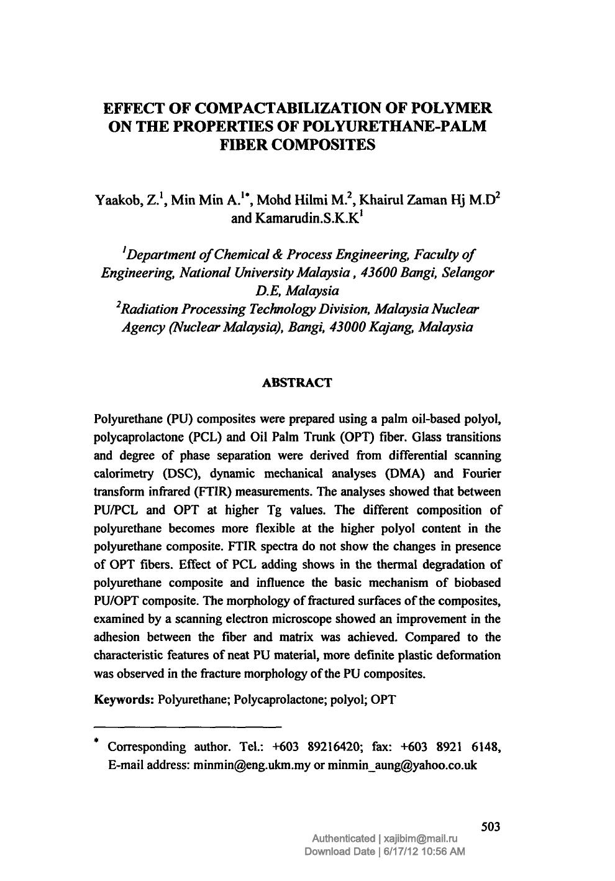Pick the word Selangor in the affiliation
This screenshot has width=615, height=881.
point(471,273)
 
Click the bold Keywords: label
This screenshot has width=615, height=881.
point(124,699)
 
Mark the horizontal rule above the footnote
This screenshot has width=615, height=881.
point(188,726)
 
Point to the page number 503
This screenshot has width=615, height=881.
point(491,827)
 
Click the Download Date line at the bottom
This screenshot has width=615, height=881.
point(384,852)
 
